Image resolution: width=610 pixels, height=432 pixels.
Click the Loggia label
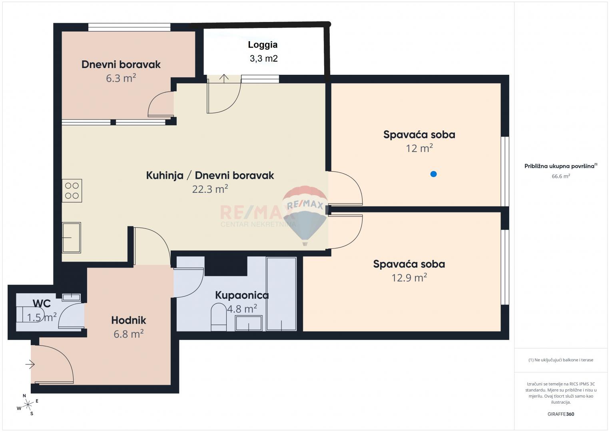263,45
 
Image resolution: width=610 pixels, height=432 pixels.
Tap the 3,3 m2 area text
263,59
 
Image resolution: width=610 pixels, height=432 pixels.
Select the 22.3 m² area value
210,189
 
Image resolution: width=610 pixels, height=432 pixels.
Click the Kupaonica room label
242,295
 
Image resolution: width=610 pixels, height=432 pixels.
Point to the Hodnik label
128,320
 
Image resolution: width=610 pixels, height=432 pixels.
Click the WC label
42,303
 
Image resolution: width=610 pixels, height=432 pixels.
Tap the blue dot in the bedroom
433,174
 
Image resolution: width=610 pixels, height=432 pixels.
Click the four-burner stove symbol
72,190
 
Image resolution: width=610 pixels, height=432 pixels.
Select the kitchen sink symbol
72,238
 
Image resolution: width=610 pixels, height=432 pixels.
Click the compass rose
28,405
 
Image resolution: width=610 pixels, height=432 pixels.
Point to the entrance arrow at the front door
30,364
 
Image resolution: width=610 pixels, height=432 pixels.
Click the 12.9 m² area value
409,278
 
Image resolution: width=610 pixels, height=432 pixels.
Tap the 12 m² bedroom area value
419,148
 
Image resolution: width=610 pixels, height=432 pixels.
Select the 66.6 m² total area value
560,176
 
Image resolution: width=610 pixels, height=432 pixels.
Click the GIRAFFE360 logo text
560,414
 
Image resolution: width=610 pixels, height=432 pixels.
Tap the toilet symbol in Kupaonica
218,317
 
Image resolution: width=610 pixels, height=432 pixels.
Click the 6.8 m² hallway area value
128,334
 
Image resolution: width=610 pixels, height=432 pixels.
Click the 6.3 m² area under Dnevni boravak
121,78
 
